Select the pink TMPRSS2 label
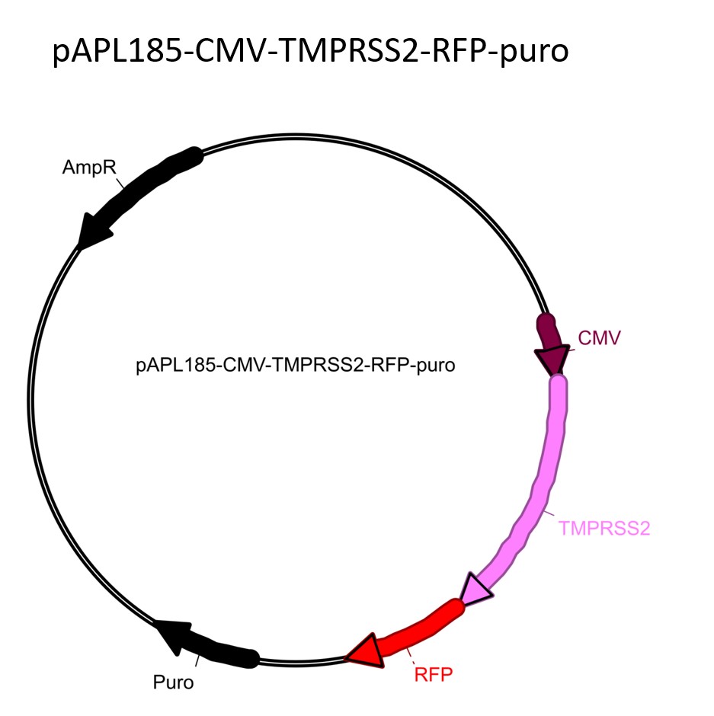(x=604, y=527)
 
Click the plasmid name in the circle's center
(x=296, y=366)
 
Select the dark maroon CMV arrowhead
(x=552, y=360)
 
